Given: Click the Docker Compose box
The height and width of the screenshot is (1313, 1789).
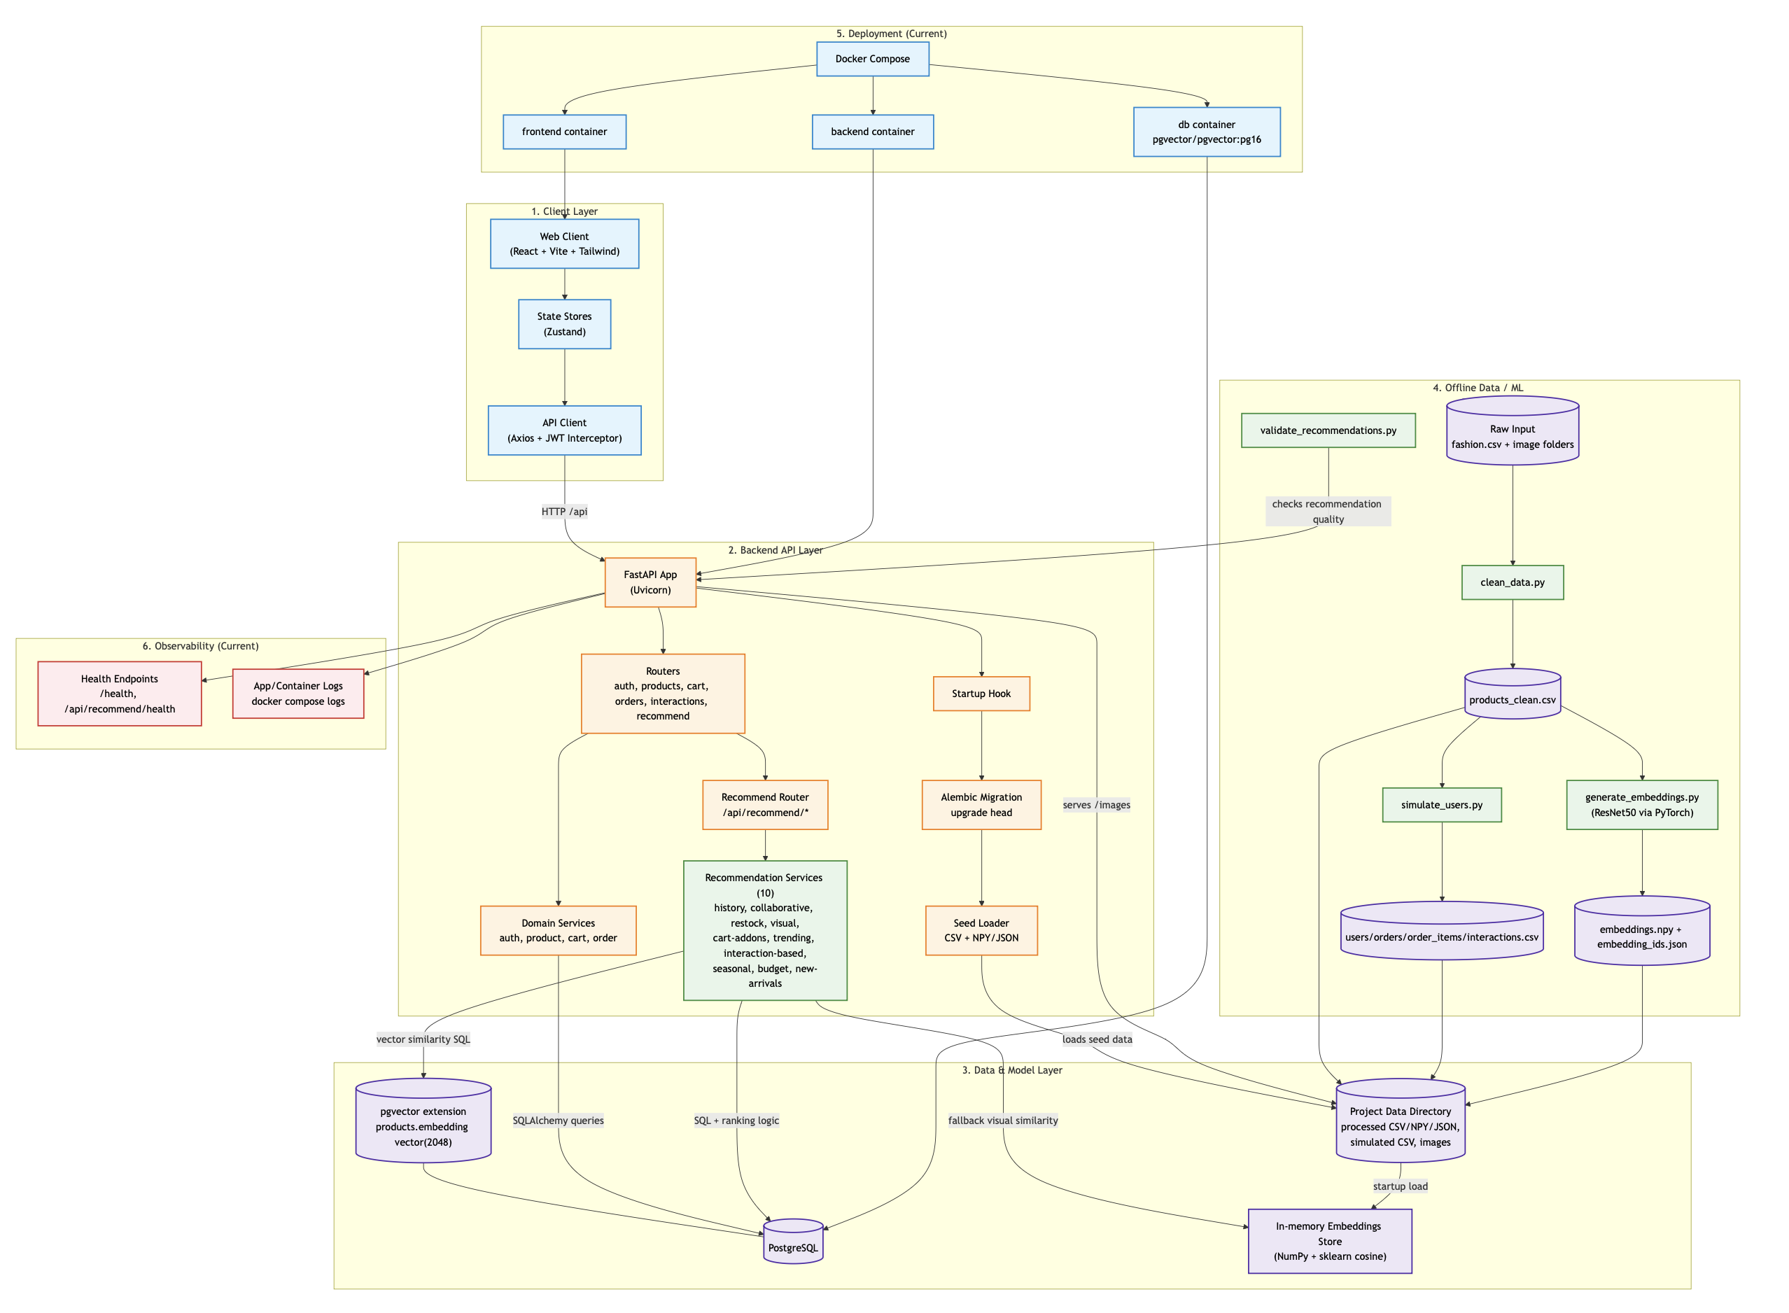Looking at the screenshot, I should [x=872, y=59].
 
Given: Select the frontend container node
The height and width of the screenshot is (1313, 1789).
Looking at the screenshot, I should [x=564, y=132].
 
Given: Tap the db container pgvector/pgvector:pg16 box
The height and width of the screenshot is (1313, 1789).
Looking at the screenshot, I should [x=1206, y=132].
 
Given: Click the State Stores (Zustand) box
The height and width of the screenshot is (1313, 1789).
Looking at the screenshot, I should [x=564, y=324].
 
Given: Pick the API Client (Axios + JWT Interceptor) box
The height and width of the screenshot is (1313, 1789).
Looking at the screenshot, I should [x=564, y=430].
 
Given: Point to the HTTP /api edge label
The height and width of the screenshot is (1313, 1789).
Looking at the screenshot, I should [x=564, y=512].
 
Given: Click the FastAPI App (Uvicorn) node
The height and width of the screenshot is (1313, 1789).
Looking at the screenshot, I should [x=650, y=582].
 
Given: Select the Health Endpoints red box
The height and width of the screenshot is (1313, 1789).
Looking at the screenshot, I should [x=119, y=694].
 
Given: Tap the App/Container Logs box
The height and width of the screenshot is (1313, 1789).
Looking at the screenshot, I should [x=298, y=694].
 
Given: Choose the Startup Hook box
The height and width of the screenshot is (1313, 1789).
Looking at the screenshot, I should [x=981, y=694].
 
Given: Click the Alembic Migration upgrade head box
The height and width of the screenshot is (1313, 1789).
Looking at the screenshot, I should [x=981, y=805].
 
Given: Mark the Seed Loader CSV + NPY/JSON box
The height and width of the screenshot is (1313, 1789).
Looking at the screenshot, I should [x=981, y=931].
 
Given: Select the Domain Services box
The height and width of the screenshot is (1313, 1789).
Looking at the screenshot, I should [x=558, y=931].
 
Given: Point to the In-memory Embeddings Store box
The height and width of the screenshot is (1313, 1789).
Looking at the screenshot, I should [x=1329, y=1242].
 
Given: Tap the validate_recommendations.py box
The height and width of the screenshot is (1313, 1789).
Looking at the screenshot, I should [x=1327, y=430].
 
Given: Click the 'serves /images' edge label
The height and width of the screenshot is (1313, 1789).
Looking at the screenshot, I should [x=1096, y=805].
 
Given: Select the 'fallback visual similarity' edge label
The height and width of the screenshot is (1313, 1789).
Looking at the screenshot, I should [x=1002, y=1121].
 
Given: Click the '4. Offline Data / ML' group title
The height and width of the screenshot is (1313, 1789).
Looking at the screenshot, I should [x=1478, y=388].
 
